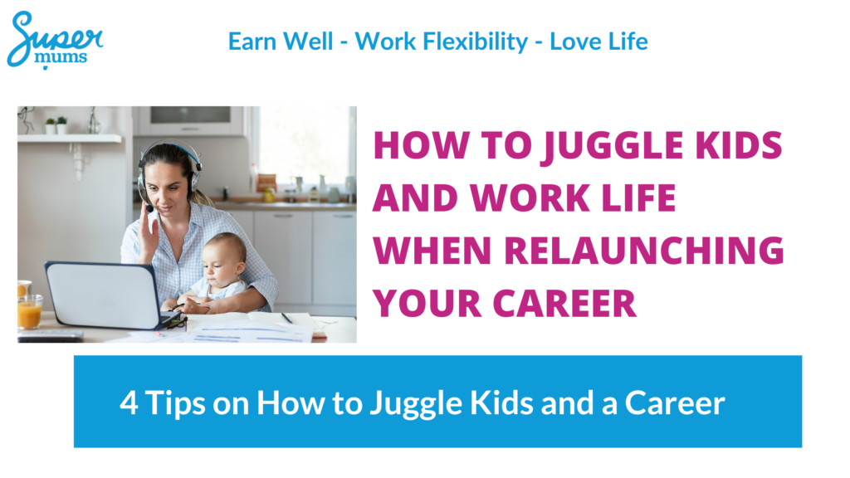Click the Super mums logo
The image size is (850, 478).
click(x=55, y=40)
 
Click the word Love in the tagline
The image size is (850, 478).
click(x=574, y=41)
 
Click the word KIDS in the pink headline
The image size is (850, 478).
click(x=739, y=145)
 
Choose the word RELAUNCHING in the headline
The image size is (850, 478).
click(x=644, y=251)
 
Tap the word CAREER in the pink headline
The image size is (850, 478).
click(x=564, y=304)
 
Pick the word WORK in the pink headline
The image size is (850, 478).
click(x=530, y=198)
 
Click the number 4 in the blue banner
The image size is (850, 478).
click(x=129, y=402)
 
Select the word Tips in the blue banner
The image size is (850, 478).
click(x=175, y=404)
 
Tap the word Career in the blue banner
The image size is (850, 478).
click(x=675, y=403)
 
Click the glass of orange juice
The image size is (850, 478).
click(x=29, y=312)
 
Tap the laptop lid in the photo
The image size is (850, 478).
click(x=103, y=295)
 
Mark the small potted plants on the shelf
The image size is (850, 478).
click(x=56, y=125)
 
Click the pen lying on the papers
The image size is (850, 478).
click(x=287, y=318)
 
